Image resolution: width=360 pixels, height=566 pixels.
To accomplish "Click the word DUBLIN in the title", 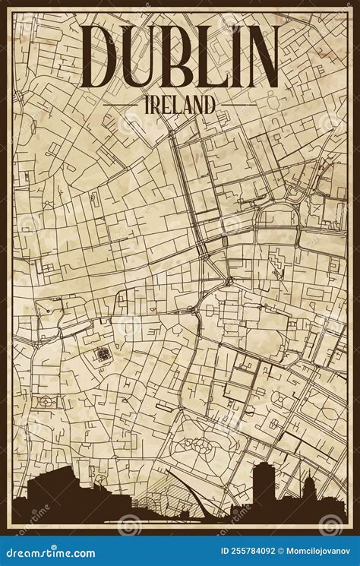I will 179,58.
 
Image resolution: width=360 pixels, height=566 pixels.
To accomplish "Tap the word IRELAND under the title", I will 179,105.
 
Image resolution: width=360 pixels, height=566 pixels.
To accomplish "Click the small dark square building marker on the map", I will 101,353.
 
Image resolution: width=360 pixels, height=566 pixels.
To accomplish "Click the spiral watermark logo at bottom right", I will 331,524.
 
